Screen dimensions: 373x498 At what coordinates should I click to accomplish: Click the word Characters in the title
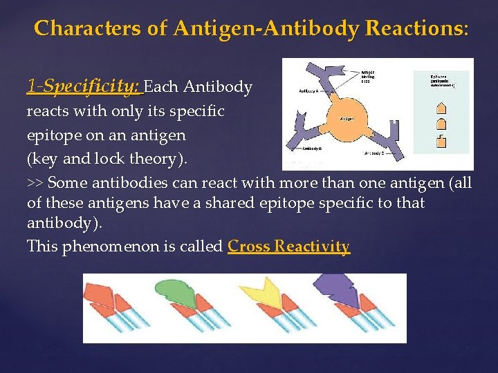tap(79, 28)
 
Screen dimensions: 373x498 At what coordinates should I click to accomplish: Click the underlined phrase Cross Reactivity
tap(288, 247)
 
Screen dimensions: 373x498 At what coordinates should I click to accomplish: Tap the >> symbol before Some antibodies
tap(35, 183)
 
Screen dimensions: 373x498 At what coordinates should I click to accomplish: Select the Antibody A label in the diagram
tap(308, 90)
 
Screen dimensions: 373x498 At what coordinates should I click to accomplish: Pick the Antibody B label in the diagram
tap(312, 149)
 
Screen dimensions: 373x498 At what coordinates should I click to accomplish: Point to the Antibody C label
tap(374, 153)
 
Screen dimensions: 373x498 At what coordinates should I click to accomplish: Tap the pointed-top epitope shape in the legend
tap(441, 108)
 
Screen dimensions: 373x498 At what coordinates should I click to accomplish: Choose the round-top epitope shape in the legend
tap(441, 125)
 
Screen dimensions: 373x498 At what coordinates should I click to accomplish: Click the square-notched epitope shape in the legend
tap(441, 142)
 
